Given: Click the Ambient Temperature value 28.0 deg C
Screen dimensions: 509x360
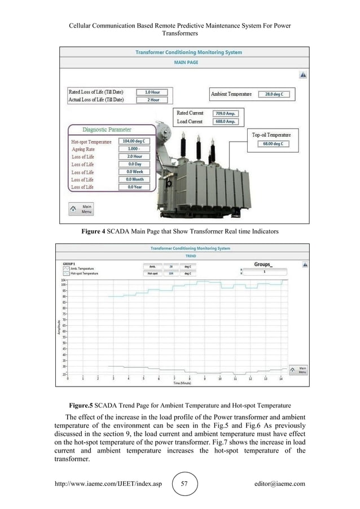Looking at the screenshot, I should pos(274,95).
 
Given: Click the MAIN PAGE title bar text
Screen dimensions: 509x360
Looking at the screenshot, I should pos(188,63).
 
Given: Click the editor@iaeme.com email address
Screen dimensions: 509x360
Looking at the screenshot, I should pos(280,484).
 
